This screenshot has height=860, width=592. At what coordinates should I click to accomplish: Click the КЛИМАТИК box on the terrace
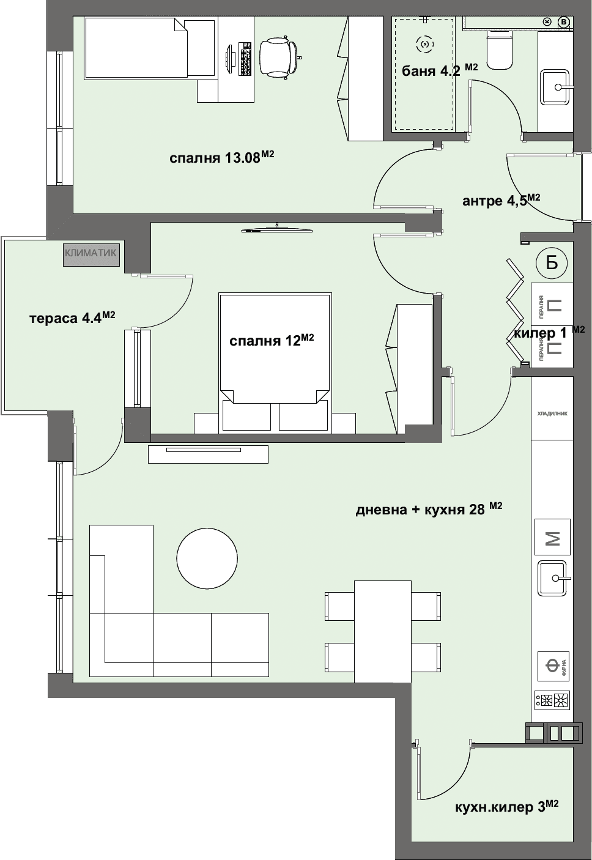[91, 254]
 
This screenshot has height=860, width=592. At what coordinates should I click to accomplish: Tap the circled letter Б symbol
[552, 263]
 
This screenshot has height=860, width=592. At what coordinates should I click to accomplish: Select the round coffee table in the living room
[207, 558]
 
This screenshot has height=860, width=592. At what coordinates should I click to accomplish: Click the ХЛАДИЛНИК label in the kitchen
[552, 413]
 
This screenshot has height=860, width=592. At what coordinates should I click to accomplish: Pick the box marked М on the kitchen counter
[553, 538]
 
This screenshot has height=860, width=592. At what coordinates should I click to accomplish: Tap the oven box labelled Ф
[553, 666]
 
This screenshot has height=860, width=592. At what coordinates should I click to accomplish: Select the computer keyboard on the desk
[246, 58]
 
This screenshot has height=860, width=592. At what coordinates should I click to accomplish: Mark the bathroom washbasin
[556, 87]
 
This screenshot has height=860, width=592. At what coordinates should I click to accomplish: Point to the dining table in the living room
[383, 631]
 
